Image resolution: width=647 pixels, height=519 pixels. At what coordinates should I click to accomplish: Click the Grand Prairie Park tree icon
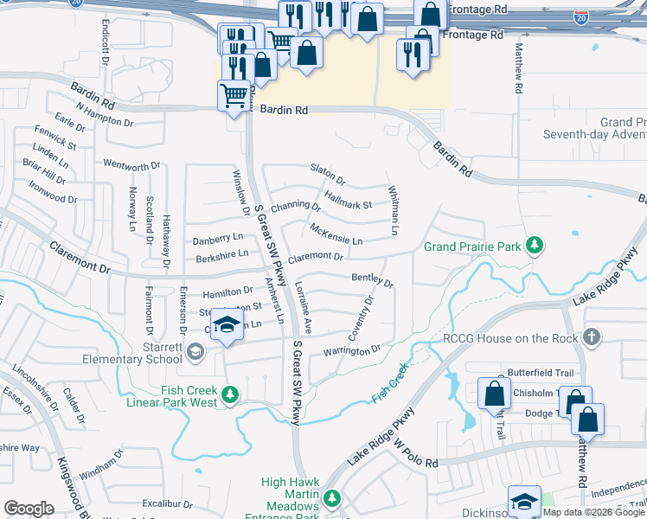[x=535, y=247]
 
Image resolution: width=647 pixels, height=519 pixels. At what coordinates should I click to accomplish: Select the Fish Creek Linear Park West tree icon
[x=229, y=395]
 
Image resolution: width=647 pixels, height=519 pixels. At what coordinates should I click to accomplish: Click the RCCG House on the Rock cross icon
[x=592, y=336]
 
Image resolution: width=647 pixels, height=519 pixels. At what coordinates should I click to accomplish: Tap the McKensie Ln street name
[x=336, y=234]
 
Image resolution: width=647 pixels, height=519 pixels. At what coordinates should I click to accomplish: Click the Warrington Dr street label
[x=352, y=351]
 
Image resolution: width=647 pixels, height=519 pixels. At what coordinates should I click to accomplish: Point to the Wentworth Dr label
[x=131, y=163]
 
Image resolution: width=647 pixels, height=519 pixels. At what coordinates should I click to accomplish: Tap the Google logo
[x=29, y=508]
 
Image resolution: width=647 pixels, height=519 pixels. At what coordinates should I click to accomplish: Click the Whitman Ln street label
[x=394, y=212]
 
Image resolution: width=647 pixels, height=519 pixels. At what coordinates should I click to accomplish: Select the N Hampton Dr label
[x=104, y=115]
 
